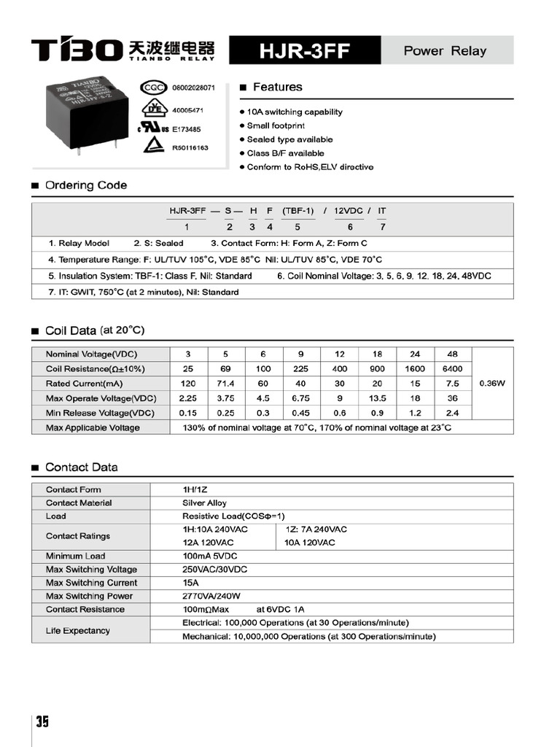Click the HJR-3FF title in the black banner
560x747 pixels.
tap(305, 52)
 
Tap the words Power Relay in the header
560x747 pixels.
tap(445, 51)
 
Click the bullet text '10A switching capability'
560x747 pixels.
tap(295, 112)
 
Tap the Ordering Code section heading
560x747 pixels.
tap(85, 185)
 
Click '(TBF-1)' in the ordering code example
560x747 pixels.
tap(297, 211)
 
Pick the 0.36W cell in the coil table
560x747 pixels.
tap(492, 384)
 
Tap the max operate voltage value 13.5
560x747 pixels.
tap(378, 398)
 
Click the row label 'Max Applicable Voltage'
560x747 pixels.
tap(93, 427)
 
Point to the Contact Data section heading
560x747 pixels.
tap(81, 467)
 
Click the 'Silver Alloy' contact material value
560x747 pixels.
tap(204, 503)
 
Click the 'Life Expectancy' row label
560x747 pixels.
tap(78, 630)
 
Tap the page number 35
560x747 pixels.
tap(42, 721)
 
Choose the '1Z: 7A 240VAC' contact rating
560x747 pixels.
tap(316, 529)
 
